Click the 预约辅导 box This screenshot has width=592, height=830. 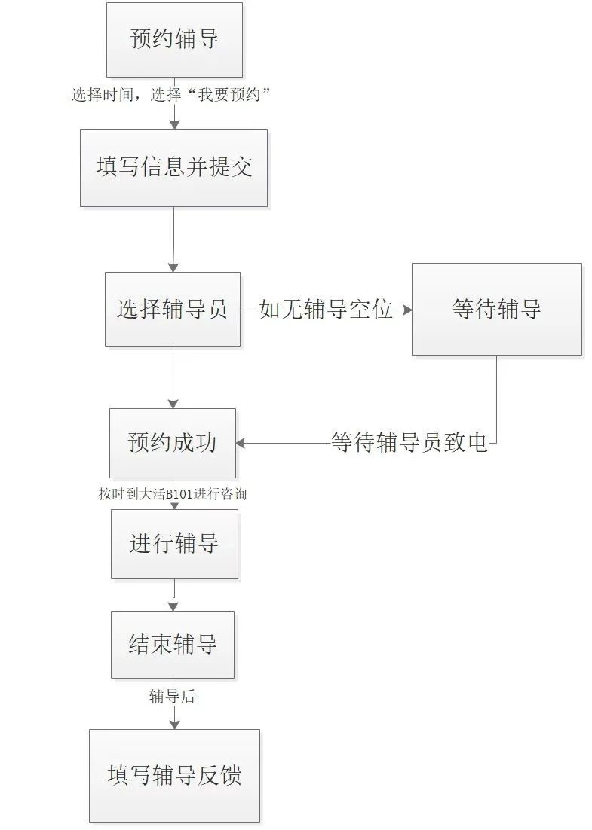tap(174, 40)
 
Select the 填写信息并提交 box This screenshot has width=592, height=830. tap(173, 167)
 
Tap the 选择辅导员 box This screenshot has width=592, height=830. tap(172, 310)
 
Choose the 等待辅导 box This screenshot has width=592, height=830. tap(496, 310)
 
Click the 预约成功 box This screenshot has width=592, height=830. tap(172, 443)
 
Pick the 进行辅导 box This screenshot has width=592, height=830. tap(174, 544)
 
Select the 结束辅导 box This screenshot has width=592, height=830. tap(173, 645)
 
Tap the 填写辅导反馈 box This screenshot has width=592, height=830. tap(174, 776)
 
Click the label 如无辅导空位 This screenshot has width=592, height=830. tap(326, 310)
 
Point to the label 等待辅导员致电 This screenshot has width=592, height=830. tap(409, 443)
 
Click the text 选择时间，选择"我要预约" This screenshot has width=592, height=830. tap(171, 95)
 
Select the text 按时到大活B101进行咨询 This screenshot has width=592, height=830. tap(173, 494)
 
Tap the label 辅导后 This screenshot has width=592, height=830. tap(172, 697)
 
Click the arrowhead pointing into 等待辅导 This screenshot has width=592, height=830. tap(407, 310)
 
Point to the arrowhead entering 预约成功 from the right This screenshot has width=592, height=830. tap(241, 444)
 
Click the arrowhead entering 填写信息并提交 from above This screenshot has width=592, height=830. tap(174, 124)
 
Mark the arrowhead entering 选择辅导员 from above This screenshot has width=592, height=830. tap(173, 267)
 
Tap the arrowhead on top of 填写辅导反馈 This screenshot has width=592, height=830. tap(174, 724)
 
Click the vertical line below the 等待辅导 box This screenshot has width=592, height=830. tap(496, 399)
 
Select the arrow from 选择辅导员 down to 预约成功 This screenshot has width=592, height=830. tap(173, 377)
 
